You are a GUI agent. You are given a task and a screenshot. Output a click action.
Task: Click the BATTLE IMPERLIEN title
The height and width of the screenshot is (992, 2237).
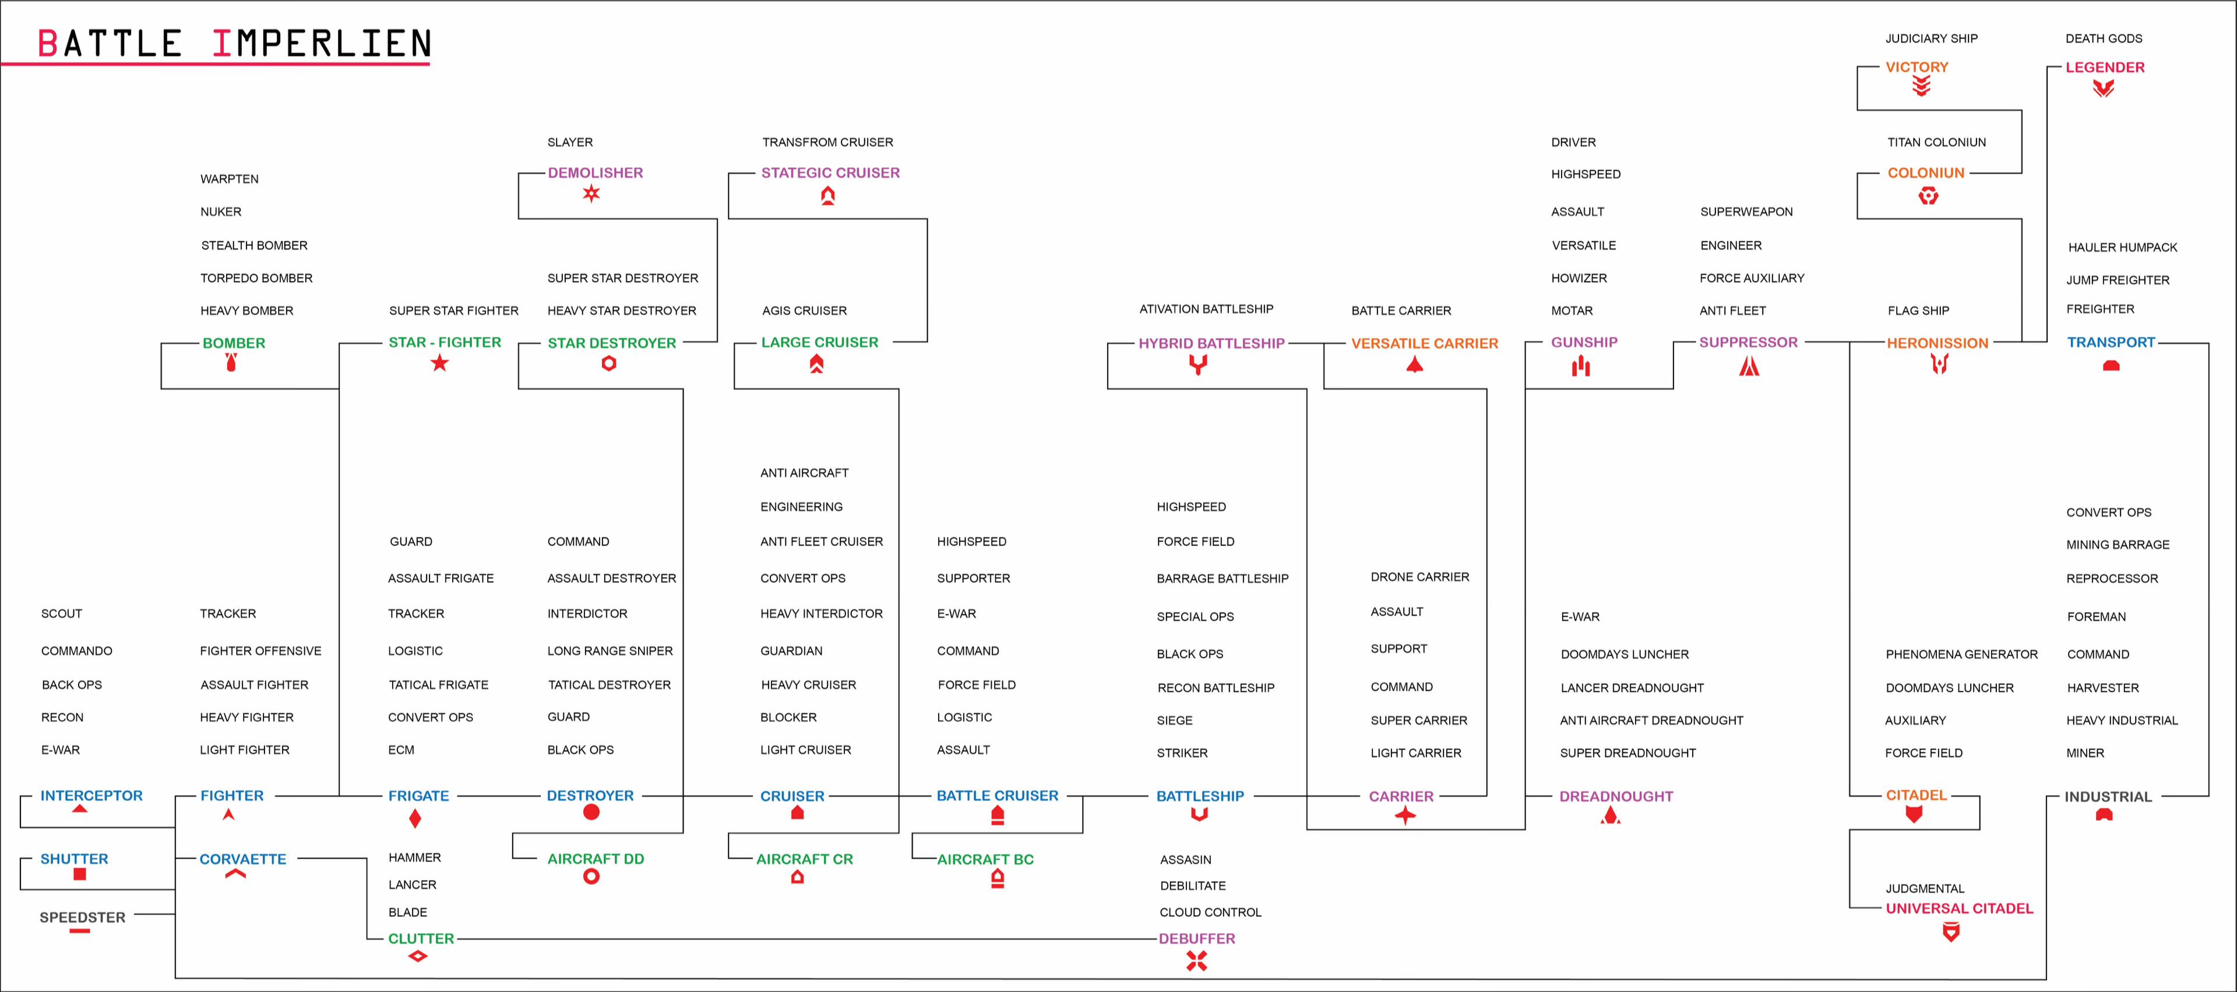[234, 44]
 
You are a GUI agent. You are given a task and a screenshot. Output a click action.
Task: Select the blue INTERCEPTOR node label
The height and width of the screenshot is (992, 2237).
[91, 796]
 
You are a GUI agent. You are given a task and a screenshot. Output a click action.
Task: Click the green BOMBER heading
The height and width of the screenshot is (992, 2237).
[234, 343]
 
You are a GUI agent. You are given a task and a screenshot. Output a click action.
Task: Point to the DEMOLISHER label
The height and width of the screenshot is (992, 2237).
[595, 173]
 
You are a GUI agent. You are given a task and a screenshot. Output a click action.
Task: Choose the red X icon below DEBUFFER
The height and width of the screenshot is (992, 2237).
[1197, 961]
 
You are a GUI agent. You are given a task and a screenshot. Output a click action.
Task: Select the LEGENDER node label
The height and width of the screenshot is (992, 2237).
[2104, 67]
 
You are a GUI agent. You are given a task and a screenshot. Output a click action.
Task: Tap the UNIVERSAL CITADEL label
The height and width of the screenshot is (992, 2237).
[1959, 909]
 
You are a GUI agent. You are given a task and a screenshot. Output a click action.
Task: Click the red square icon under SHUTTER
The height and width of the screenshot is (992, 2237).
[80, 874]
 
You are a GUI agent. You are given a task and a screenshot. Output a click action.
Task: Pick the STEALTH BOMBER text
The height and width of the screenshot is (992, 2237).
[255, 246]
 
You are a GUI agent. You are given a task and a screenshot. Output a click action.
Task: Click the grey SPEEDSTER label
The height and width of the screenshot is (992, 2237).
[83, 917]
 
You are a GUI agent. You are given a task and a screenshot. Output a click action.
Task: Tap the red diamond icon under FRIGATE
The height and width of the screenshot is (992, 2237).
[415, 818]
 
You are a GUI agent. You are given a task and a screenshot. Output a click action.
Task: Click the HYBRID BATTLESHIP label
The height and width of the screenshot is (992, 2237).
[1211, 343]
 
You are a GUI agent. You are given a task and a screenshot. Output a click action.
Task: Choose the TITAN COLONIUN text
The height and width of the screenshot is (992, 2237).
[1936, 142]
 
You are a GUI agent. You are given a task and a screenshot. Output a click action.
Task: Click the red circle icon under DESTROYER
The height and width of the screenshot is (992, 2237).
[591, 812]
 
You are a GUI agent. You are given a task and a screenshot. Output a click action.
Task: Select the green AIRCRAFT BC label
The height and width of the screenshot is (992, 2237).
[985, 859]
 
